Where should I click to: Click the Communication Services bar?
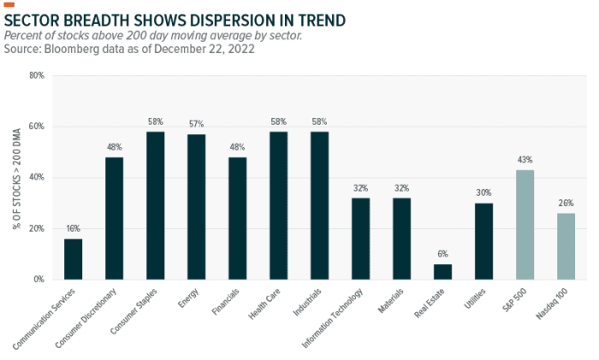tap(74, 259)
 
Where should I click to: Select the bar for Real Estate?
tap(442, 272)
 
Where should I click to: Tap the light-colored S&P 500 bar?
tap(525, 225)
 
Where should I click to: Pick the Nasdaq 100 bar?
tap(566, 246)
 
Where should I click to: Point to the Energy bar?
tap(197, 207)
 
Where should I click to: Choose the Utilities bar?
tap(483, 241)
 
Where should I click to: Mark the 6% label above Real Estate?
tap(442, 255)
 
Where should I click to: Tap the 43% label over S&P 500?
tap(525, 160)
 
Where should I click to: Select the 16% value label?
tap(74, 229)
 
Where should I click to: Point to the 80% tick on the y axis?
tap(37, 76)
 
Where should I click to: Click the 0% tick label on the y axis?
tap(39, 280)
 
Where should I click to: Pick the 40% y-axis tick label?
tap(37, 178)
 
